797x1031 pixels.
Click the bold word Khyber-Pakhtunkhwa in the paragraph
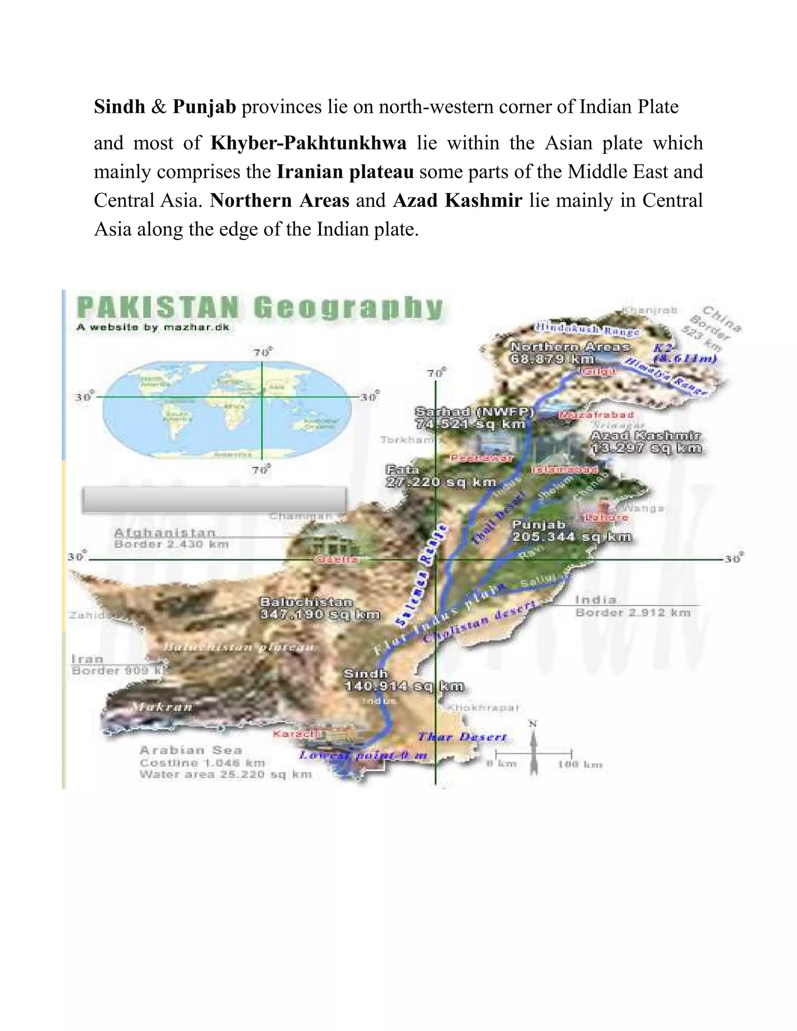[x=308, y=142]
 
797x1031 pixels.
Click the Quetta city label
[x=336, y=559]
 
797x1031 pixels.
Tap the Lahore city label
[x=606, y=517]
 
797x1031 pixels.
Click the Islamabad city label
[x=565, y=470]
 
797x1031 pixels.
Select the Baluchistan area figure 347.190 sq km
[x=320, y=615]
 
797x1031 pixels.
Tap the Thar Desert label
[x=462, y=737]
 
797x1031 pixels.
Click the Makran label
[x=162, y=707]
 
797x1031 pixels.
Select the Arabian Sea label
[x=191, y=750]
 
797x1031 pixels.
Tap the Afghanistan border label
[x=165, y=533]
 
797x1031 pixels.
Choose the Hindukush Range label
[x=587, y=329]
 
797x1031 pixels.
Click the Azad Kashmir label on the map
[x=646, y=435]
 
